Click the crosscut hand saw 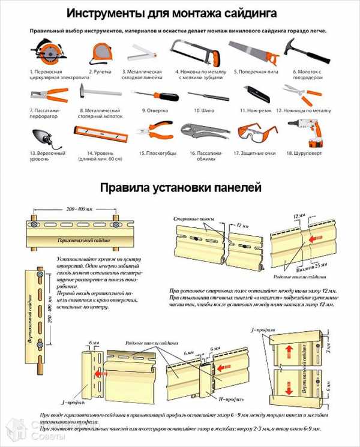[253, 52]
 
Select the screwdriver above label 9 [152, 95]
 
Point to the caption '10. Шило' [204, 111]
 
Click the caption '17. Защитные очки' [254, 153]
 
